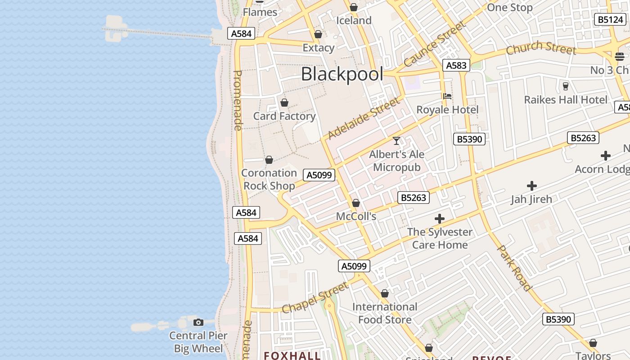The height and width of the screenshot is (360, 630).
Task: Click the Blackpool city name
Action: point(342,74)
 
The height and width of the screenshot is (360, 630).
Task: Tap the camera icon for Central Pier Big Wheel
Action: point(198,322)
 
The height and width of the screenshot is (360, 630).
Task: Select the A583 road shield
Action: point(456,65)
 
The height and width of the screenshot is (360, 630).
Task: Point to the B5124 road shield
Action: point(610,19)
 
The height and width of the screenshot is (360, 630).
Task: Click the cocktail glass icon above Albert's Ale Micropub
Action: point(396,141)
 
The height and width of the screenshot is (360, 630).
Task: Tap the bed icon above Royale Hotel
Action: point(447,96)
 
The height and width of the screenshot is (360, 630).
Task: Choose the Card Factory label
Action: point(284,116)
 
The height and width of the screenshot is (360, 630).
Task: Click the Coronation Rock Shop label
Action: point(269,179)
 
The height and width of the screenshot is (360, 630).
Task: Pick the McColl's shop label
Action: point(356,216)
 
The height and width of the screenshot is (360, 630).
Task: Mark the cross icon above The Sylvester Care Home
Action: point(440,219)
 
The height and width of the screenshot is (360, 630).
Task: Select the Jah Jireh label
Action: point(531,199)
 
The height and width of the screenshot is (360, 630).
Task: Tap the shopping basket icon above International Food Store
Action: point(385,294)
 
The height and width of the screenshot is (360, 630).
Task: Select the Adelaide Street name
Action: point(364,119)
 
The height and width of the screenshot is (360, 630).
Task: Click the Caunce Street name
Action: point(434,44)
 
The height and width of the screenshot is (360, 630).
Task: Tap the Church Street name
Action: point(541,47)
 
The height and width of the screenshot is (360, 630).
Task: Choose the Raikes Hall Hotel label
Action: point(566,99)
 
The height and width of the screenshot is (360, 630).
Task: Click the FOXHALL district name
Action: point(292,355)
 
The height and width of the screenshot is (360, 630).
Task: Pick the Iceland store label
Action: point(354,20)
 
